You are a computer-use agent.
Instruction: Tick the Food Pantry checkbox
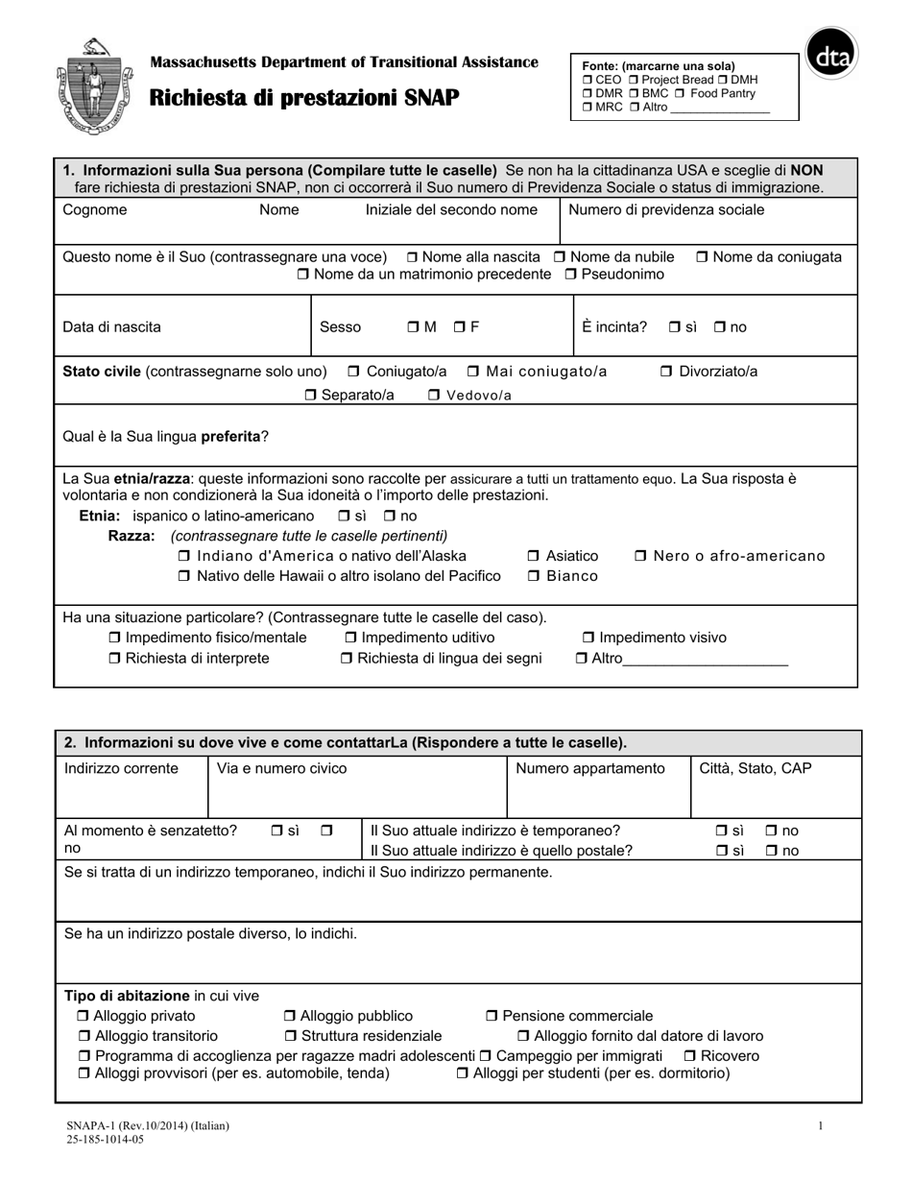click(x=679, y=94)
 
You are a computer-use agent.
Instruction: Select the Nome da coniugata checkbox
click(x=702, y=257)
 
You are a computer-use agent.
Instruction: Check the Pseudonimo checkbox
click(x=571, y=275)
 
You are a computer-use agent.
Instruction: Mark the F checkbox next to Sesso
click(x=460, y=327)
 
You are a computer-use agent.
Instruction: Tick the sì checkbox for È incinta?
click(x=675, y=327)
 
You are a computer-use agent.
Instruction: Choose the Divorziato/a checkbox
click(x=666, y=372)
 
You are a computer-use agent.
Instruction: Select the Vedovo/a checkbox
click(x=434, y=396)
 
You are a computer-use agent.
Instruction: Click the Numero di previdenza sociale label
click(x=667, y=210)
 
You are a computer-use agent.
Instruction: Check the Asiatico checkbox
click(x=534, y=557)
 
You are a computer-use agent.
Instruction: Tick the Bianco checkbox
click(x=534, y=577)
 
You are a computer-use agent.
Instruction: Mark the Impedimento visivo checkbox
click(x=589, y=639)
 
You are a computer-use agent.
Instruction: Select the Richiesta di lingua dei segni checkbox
click(x=348, y=659)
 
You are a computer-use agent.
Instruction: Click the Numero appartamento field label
click(x=590, y=768)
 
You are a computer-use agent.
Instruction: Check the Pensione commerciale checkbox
click(x=492, y=1016)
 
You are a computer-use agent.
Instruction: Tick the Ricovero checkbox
click(x=689, y=1056)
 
